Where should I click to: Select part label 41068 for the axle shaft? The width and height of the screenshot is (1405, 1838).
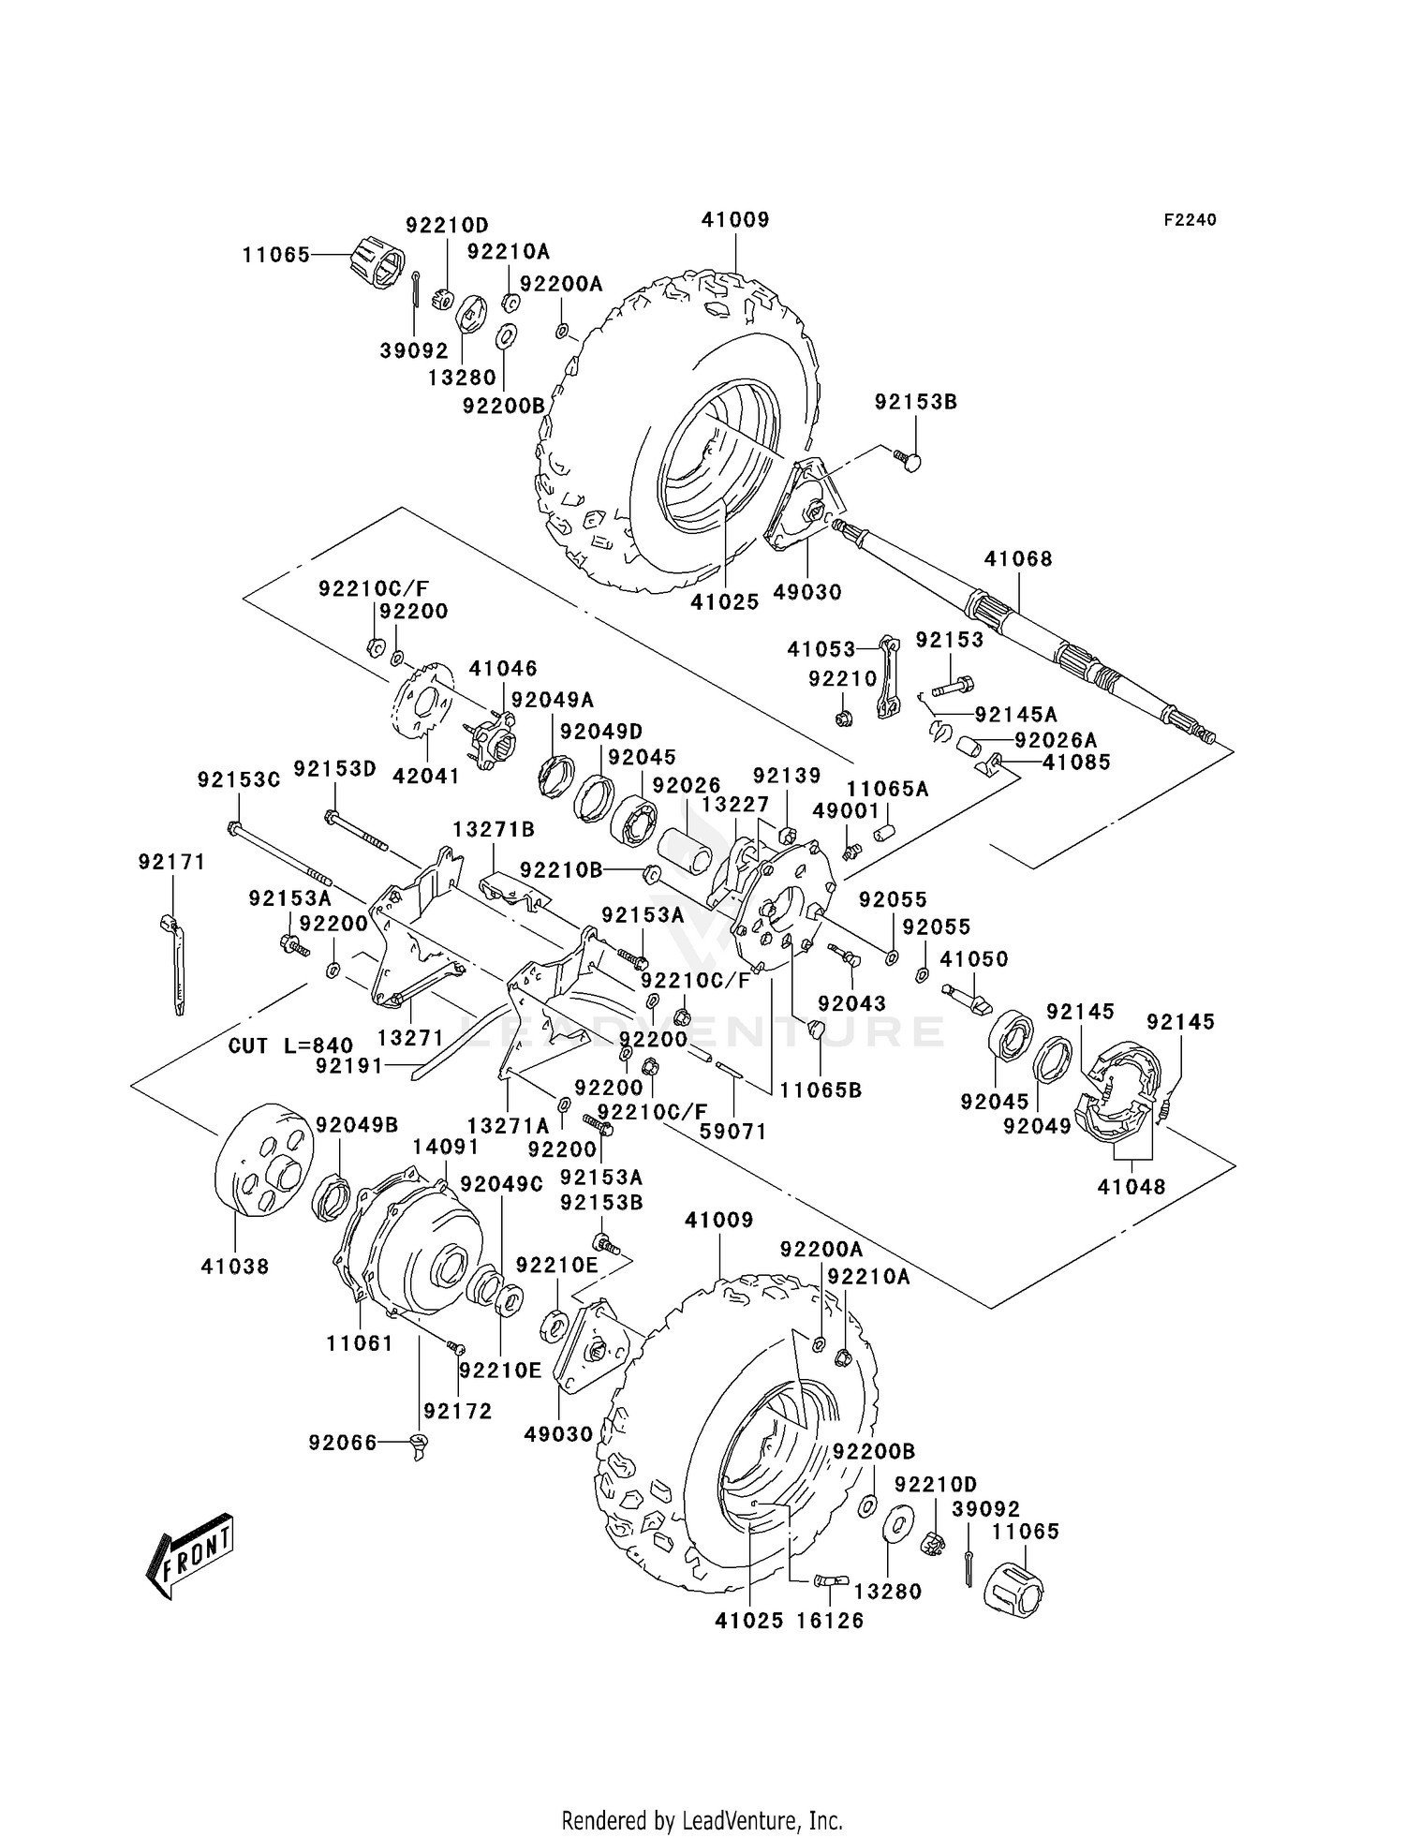(x=1018, y=559)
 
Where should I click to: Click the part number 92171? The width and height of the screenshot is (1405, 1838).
(x=171, y=862)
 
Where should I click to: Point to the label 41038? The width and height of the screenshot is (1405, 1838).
(x=234, y=1267)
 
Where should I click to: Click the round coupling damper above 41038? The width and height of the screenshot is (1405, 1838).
(x=265, y=1162)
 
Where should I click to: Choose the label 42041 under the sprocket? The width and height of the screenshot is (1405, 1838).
(x=426, y=776)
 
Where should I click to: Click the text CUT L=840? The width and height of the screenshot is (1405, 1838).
(x=291, y=1045)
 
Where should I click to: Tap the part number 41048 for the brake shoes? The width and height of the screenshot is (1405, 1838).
(x=1131, y=1187)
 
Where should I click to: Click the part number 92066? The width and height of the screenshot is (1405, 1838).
(x=342, y=1444)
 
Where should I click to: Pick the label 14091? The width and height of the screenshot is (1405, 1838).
(x=446, y=1147)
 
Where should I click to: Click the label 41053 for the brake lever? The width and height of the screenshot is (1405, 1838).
(x=821, y=649)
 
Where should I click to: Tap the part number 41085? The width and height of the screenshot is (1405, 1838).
(x=1076, y=763)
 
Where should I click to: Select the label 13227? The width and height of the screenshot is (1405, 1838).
(x=735, y=806)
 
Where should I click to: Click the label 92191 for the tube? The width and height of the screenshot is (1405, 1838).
(x=349, y=1065)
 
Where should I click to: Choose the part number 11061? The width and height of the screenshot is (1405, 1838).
(x=360, y=1342)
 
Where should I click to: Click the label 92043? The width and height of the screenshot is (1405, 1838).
(x=851, y=1002)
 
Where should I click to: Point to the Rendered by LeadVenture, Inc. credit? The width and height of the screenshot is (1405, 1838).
(x=702, y=1794)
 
